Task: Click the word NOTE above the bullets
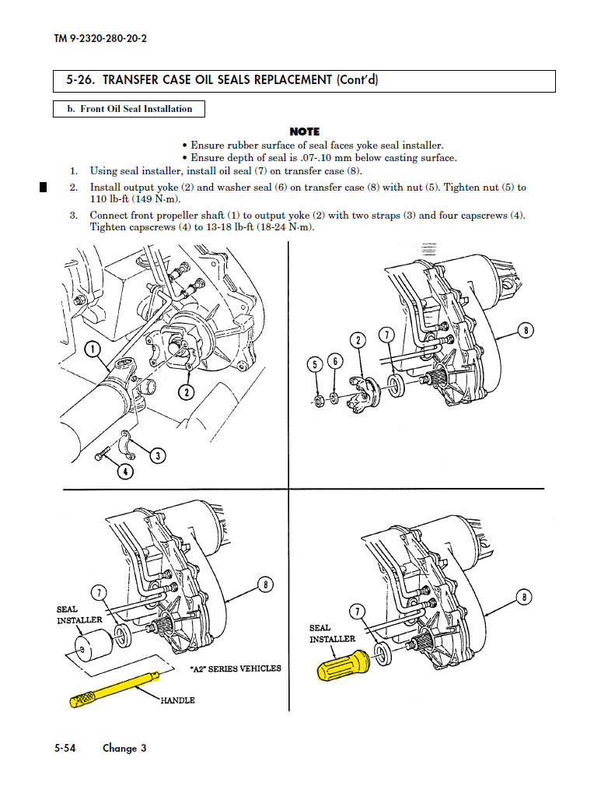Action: pyautogui.click(x=304, y=132)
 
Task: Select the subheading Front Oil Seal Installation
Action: pyautogui.click(x=129, y=109)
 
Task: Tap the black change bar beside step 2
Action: pyautogui.click(x=44, y=187)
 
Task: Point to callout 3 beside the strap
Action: pyautogui.click(x=158, y=455)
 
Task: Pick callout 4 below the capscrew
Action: pyautogui.click(x=125, y=471)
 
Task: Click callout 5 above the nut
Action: pyautogui.click(x=316, y=363)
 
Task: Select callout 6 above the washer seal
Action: pyautogui.click(x=334, y=361)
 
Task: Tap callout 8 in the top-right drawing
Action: pyautogui.click(x=526, y=331)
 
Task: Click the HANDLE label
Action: pyautogui.click(x=177, y=700)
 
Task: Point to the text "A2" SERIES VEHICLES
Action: pyautogui.click(x=235, y=668)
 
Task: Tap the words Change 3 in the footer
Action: pyautogui.click(x=124, y=748)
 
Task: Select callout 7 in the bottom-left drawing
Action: pyautogui.click(x=100, y=592)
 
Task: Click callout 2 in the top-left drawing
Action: pyautogui.click(x=186, y=391)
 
